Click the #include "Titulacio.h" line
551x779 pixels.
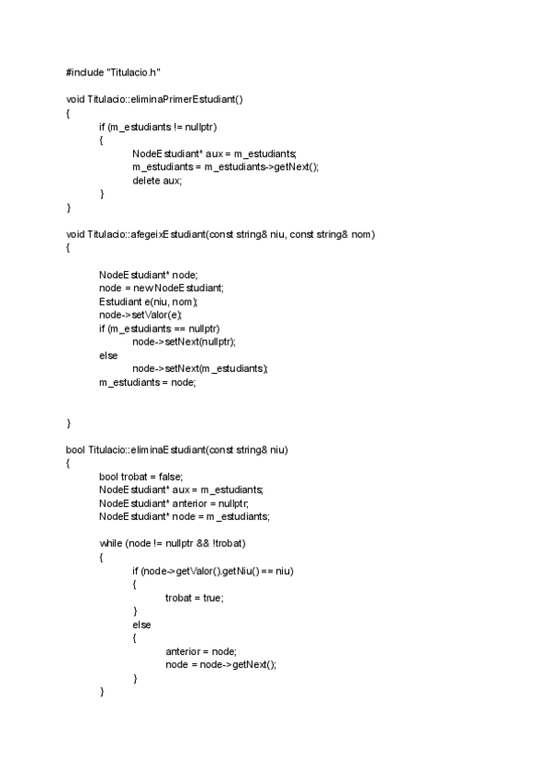click(x=114, y=72)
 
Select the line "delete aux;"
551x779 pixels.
click(x=157, y=180)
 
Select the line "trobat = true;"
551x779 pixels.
click(x=194, y=597)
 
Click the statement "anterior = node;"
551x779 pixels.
click(x=200, y=651)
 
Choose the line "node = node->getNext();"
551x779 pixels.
click(x=220, y=665)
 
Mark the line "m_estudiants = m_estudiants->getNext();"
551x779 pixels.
click(x=225, y=166)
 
